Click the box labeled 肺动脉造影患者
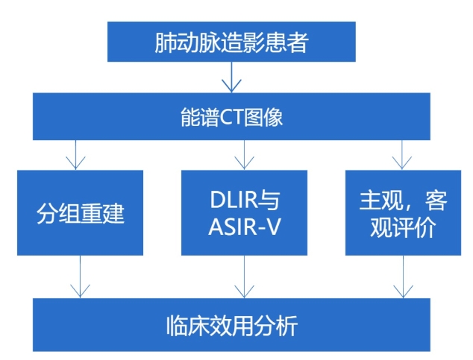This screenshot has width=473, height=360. (x=231, y=42)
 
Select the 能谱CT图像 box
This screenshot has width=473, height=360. (x=232, y=118)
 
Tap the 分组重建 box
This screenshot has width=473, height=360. (x=81, y=213)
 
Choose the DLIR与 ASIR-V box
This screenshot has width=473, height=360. (x=245, y=213)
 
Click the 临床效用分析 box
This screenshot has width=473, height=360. (x=232, y=324)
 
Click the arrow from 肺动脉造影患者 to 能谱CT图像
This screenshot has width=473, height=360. (x=232, y=77)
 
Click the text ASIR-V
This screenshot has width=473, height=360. (x=245, y=227)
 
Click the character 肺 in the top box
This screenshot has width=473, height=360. (x=166, y=42)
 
